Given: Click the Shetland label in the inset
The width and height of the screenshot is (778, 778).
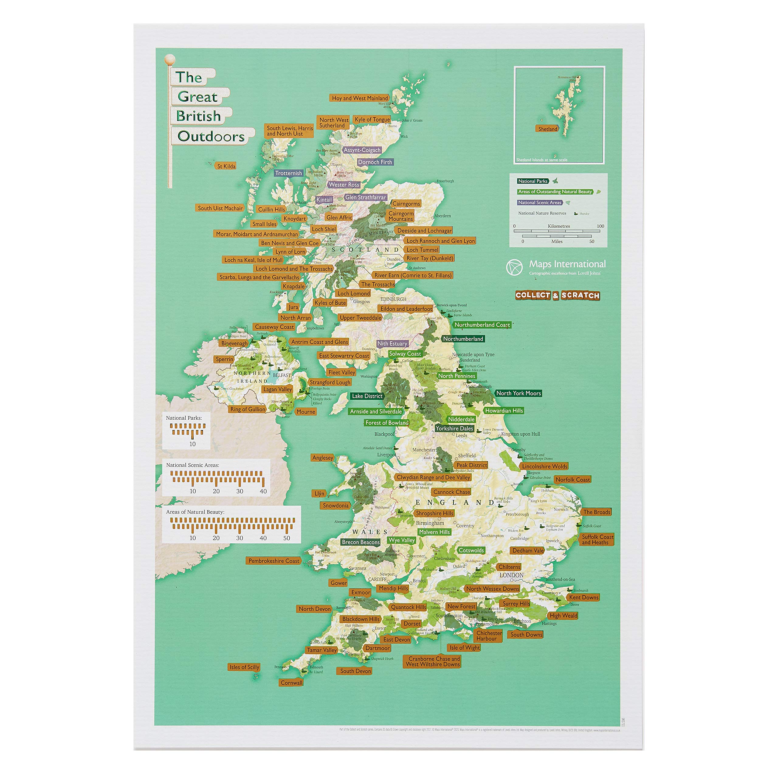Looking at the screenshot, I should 548,129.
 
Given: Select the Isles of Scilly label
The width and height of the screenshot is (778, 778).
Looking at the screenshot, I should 244,667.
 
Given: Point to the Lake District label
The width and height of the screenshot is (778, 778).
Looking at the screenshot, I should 367,396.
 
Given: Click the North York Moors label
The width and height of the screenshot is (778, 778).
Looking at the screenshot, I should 518,393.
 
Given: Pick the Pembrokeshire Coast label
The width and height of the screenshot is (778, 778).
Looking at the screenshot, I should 274,560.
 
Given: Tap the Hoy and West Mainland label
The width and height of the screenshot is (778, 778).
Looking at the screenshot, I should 360,98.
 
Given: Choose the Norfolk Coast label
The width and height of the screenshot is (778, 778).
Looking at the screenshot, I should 572,479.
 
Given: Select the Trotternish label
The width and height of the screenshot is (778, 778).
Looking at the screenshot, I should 288,173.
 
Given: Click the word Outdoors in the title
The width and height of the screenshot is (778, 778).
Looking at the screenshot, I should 211,136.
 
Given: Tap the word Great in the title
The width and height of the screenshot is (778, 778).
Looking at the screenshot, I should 197,97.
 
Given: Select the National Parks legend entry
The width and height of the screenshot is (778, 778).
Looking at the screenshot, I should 533,181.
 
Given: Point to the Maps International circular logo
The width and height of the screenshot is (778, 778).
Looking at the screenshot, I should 514,267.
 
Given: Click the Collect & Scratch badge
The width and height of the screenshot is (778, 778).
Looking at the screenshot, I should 557,295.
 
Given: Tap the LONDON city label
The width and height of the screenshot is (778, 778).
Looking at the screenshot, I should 511,575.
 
